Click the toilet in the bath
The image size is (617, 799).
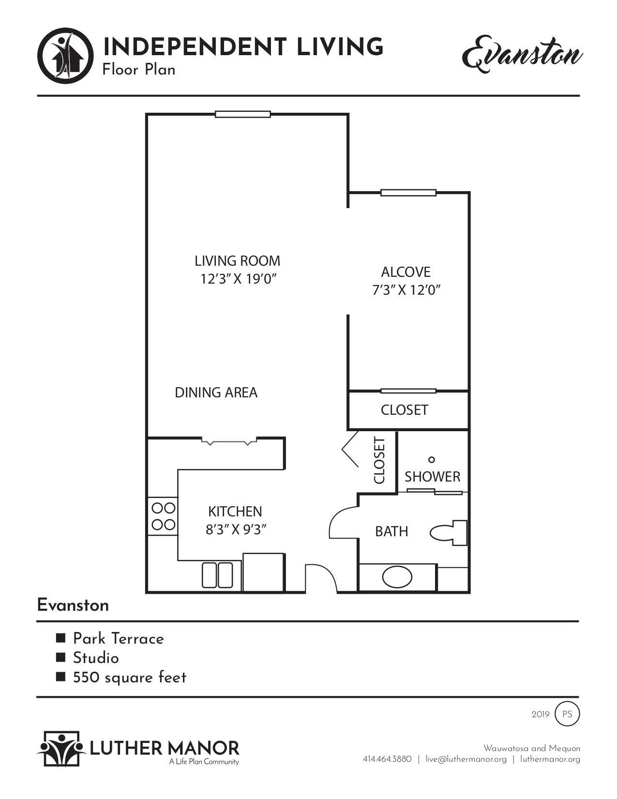448,533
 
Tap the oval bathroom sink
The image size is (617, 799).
397,577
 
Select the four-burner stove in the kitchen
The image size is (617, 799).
163,516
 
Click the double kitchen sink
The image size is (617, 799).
217,575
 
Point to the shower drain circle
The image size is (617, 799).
432,459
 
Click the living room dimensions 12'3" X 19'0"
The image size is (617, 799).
238,279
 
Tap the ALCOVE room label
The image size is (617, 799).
406,272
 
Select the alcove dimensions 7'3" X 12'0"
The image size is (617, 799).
406,290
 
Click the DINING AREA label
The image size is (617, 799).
216,392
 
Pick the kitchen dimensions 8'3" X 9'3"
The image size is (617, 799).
236,530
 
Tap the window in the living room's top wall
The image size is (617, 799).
242,115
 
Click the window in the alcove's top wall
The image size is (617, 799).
408,193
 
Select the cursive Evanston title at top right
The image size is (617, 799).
522,54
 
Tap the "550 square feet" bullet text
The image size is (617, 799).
129,678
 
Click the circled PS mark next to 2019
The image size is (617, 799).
567,714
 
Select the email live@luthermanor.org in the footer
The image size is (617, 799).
466,759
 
